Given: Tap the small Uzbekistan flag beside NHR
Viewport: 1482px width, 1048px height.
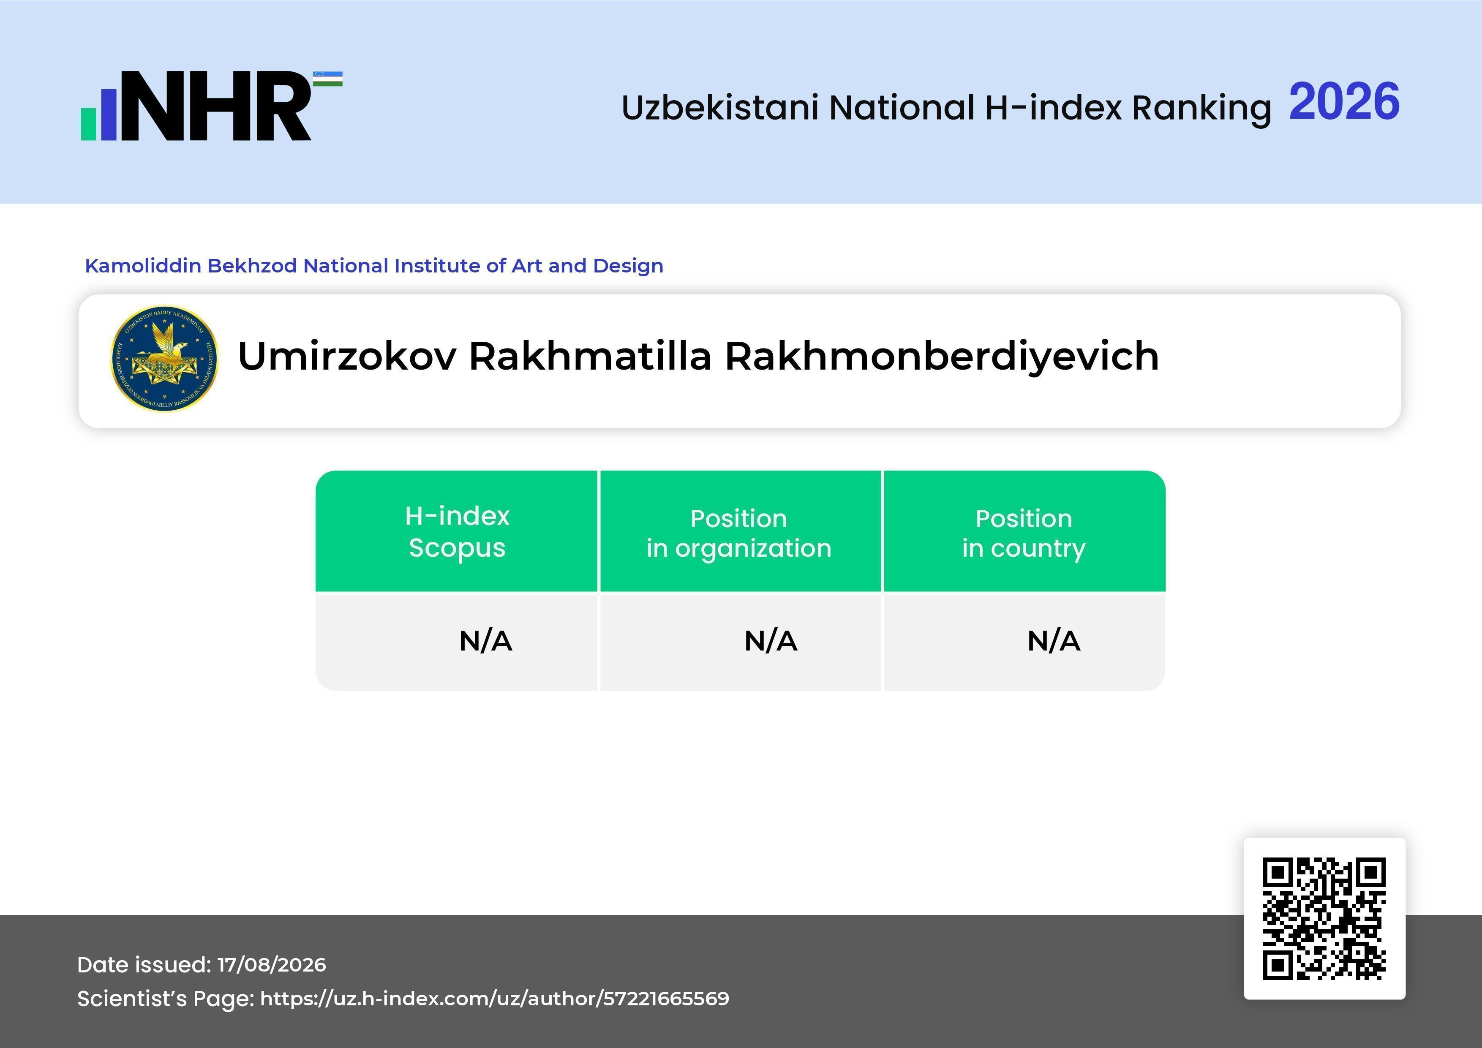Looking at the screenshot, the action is [x=328, y=79].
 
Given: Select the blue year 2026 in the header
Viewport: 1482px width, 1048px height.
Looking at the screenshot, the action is [x=1345, y=102].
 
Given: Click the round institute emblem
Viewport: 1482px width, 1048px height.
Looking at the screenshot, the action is [x=165, y=359].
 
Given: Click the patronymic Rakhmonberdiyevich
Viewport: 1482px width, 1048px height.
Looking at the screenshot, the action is [x=942, y=357].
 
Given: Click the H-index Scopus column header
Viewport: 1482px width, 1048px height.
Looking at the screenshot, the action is [x=457, y=532].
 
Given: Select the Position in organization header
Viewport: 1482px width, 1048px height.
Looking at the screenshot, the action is [x=739, y=533].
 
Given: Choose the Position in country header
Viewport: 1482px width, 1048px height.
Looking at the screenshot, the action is [x=1024, y=533].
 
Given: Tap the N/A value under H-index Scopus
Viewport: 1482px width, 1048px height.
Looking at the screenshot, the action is [x=485, y=641].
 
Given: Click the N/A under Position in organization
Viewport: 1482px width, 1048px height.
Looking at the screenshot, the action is [x=771, y=641].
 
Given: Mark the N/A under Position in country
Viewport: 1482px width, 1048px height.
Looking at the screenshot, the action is [x=1053, y=641].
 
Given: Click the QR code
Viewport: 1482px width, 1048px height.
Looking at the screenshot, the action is [x=1324, y=919].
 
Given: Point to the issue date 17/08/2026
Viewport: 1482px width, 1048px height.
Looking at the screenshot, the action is [x=272, y=965].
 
